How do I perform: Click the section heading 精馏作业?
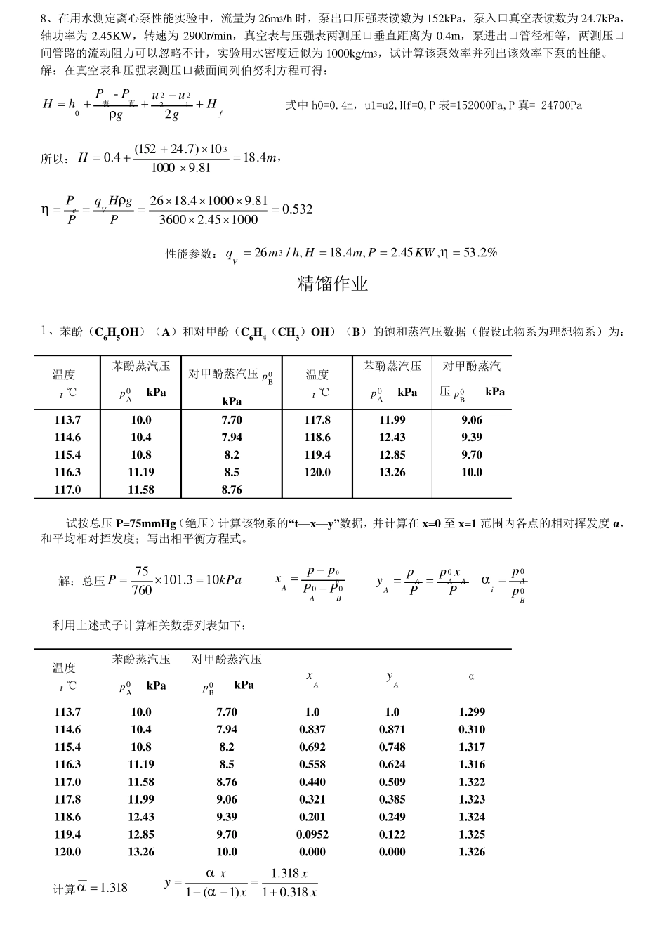pos(333,284)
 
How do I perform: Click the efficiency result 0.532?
pos(297,209)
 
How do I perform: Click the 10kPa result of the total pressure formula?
pos(224,580)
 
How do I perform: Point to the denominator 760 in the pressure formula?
pos(142,590)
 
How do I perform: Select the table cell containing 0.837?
pos(312,730)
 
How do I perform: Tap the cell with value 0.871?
pos(392,730)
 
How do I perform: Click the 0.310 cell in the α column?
pos(472,730)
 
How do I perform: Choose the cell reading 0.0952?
pos(312,834)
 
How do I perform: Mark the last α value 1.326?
pos(472,852)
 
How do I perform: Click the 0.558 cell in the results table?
pos(312,764)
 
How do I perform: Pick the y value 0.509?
pos(392,782)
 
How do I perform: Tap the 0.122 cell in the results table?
pos(392,834)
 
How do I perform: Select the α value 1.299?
pos(472,712)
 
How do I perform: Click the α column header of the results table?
pos(471,677)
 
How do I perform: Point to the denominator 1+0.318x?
pos(289,892)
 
